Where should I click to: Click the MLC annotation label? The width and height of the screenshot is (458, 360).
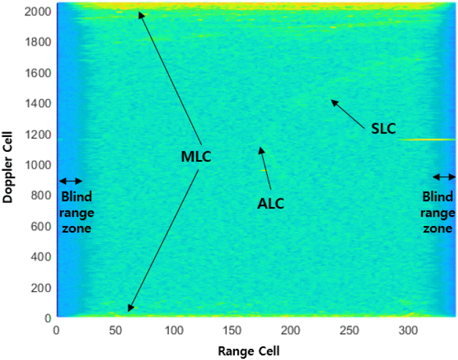click(196, 157)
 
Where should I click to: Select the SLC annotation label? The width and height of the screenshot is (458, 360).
click(383, 129)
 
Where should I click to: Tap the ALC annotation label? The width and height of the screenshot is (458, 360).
click(270, 203)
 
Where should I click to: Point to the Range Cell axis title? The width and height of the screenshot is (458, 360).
click(249, 351)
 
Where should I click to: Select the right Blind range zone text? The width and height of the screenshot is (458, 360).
click(438, 212)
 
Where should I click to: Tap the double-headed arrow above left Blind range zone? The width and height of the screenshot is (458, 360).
click(71, 181)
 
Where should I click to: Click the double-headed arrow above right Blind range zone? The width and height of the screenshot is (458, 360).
click(444, 177)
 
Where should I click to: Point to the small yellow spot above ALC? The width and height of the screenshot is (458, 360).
click(263, 170)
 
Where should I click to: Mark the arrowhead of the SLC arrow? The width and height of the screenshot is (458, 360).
click(333, 101)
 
